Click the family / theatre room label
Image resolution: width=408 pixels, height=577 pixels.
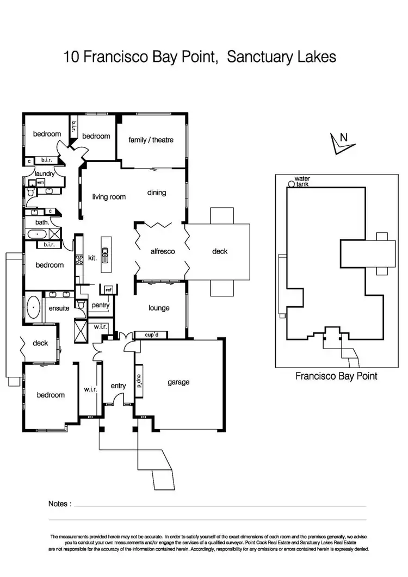(x=151, y=140)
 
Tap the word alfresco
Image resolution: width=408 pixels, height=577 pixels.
(x=162, y=251)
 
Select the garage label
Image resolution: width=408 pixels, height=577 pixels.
(x=178, y=382)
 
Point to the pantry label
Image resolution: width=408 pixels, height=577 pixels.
(x=101, y=305)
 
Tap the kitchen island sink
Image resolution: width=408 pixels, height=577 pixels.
(x=106, y=253)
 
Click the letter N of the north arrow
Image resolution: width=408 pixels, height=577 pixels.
(x=343, y=138)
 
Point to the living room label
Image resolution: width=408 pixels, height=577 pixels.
(x=109, y=197)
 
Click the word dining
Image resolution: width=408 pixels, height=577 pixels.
(x=156, y=193)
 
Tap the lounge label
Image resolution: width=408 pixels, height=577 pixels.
(x=159, y=308)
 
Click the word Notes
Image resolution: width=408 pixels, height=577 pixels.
(x=59, y=504)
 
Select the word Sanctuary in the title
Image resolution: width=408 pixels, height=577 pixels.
(x=260, y=56)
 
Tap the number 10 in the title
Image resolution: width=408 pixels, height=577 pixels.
(x=72, y=56)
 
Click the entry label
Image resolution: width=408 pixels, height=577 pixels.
(x=118, y=386)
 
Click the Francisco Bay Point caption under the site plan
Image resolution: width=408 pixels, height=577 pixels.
(x=336, y=375)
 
